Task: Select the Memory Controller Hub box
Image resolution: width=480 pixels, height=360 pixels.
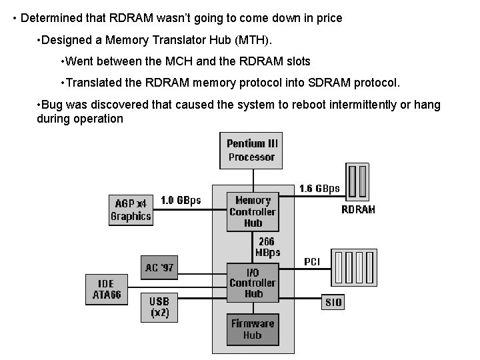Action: pos(253,212)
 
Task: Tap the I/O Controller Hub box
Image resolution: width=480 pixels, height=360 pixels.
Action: pos(253,283)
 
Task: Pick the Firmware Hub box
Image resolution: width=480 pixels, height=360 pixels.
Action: pos(252,329)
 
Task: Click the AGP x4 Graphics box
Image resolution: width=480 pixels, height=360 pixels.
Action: pos(131,209)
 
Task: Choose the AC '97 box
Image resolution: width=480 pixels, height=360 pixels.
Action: pos(159,267)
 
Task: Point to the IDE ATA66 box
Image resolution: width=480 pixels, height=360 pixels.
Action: pos(106,289)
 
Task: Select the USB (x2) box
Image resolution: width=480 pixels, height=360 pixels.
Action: pos(159,306)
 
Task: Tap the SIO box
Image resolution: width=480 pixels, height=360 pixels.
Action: pos(333,302)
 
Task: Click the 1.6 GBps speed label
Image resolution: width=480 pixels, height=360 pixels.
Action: pos(319,189)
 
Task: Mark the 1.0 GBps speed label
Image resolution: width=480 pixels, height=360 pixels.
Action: pos(181,200)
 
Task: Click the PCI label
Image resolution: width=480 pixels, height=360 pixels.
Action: pos(312,262)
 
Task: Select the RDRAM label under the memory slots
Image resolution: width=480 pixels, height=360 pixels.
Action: pos(358,209)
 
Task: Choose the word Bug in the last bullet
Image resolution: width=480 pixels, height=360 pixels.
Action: pos(53,105)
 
